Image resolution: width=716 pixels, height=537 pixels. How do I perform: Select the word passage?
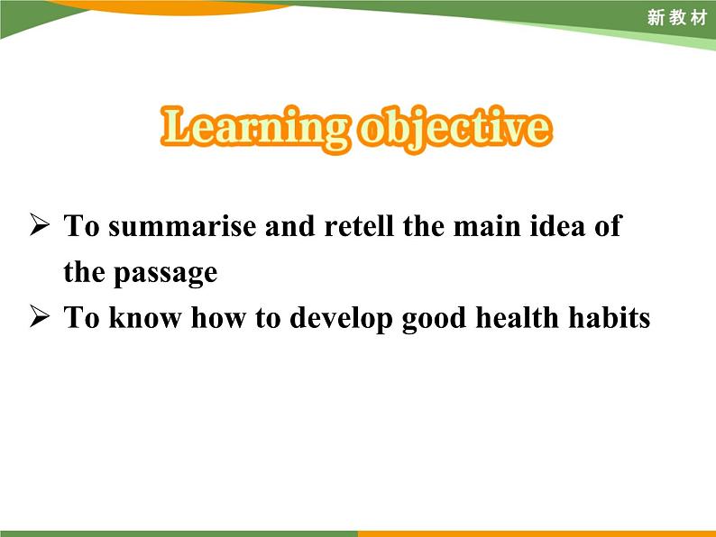166,272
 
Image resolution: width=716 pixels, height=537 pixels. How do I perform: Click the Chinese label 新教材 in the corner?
677,18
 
